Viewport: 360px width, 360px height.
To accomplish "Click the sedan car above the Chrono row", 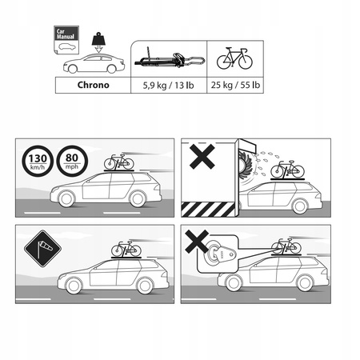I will click(98, 64).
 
